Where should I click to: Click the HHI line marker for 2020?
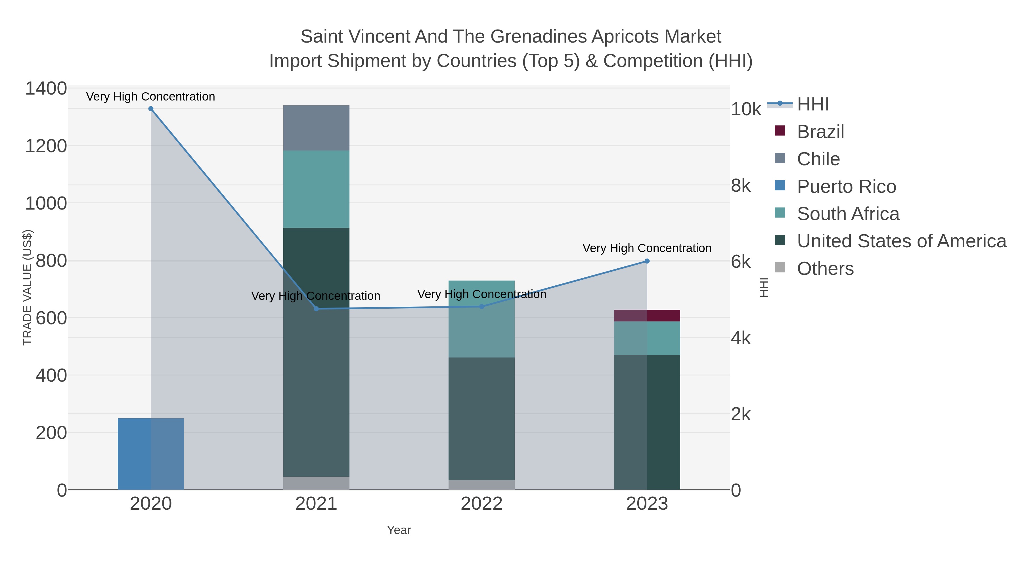click(151, 109)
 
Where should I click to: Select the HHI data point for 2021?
click(316, 309)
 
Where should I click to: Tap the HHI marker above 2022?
click(482, 306)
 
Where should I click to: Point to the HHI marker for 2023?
click(647, 261)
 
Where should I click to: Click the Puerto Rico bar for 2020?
click(151, 454)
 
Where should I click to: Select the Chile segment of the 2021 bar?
click(316, 128)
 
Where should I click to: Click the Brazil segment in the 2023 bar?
click(647, 316)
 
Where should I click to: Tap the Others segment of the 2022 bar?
click(482, 485)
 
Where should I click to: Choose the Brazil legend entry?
click(810, 131)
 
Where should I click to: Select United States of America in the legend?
click(891, 241)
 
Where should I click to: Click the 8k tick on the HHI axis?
click(741, 186)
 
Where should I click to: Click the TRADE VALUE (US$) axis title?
click(27, 287)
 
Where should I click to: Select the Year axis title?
click(399, 530)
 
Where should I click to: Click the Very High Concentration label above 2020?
click(151, 97)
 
